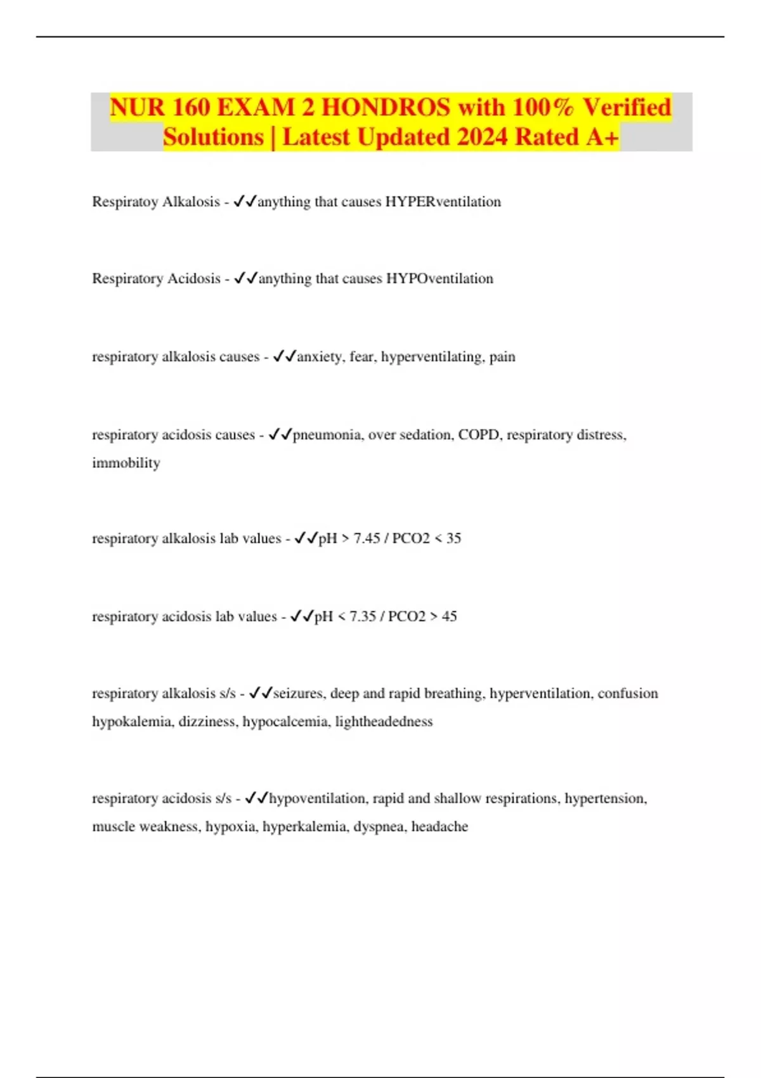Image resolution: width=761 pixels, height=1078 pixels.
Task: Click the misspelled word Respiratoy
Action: point(124,202)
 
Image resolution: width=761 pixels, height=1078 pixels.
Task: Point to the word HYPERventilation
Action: point(443,202)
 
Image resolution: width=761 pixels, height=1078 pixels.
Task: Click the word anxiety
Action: point(320,356)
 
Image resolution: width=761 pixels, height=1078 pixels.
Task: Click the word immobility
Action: point(126,463)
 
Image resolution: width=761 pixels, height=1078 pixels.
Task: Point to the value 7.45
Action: point(367,538)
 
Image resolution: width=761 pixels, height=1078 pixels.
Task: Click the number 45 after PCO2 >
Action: point(449,616)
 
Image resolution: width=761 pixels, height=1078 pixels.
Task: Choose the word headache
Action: point(439,827)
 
